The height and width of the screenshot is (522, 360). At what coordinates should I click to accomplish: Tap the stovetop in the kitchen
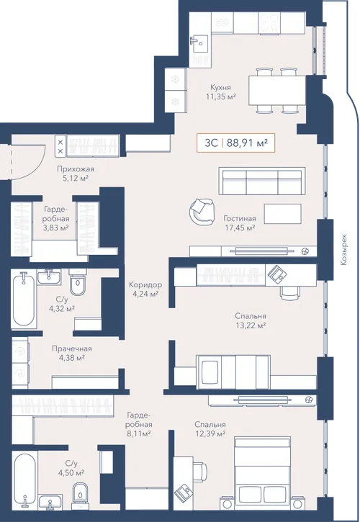click(x=269, y=22)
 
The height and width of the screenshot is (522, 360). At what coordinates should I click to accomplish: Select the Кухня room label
click(x=220, y=87)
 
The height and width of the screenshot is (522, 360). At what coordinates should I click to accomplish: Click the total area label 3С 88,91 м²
click(x=235, y=143)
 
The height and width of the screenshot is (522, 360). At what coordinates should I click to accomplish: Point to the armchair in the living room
click(x=201, y=212)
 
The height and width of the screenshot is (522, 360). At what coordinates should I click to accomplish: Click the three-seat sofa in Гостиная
click(x=262, y=181)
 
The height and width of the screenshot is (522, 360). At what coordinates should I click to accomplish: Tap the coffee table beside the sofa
click(x=283, y=213)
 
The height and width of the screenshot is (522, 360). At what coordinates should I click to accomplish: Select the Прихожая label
click(x=76, y=168)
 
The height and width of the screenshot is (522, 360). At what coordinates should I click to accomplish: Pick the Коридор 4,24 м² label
click(x=145, y=289)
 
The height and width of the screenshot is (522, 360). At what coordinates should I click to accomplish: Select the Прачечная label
click(x=71, y=348)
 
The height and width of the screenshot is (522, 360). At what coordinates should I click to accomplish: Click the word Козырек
click(x=343, y=250)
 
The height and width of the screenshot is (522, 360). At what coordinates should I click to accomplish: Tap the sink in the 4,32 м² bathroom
click(x=49, y=277)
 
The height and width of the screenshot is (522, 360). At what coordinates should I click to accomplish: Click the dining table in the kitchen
click(x=277, y=91)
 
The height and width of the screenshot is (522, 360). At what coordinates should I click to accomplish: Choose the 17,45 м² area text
click(x=240, y=228)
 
